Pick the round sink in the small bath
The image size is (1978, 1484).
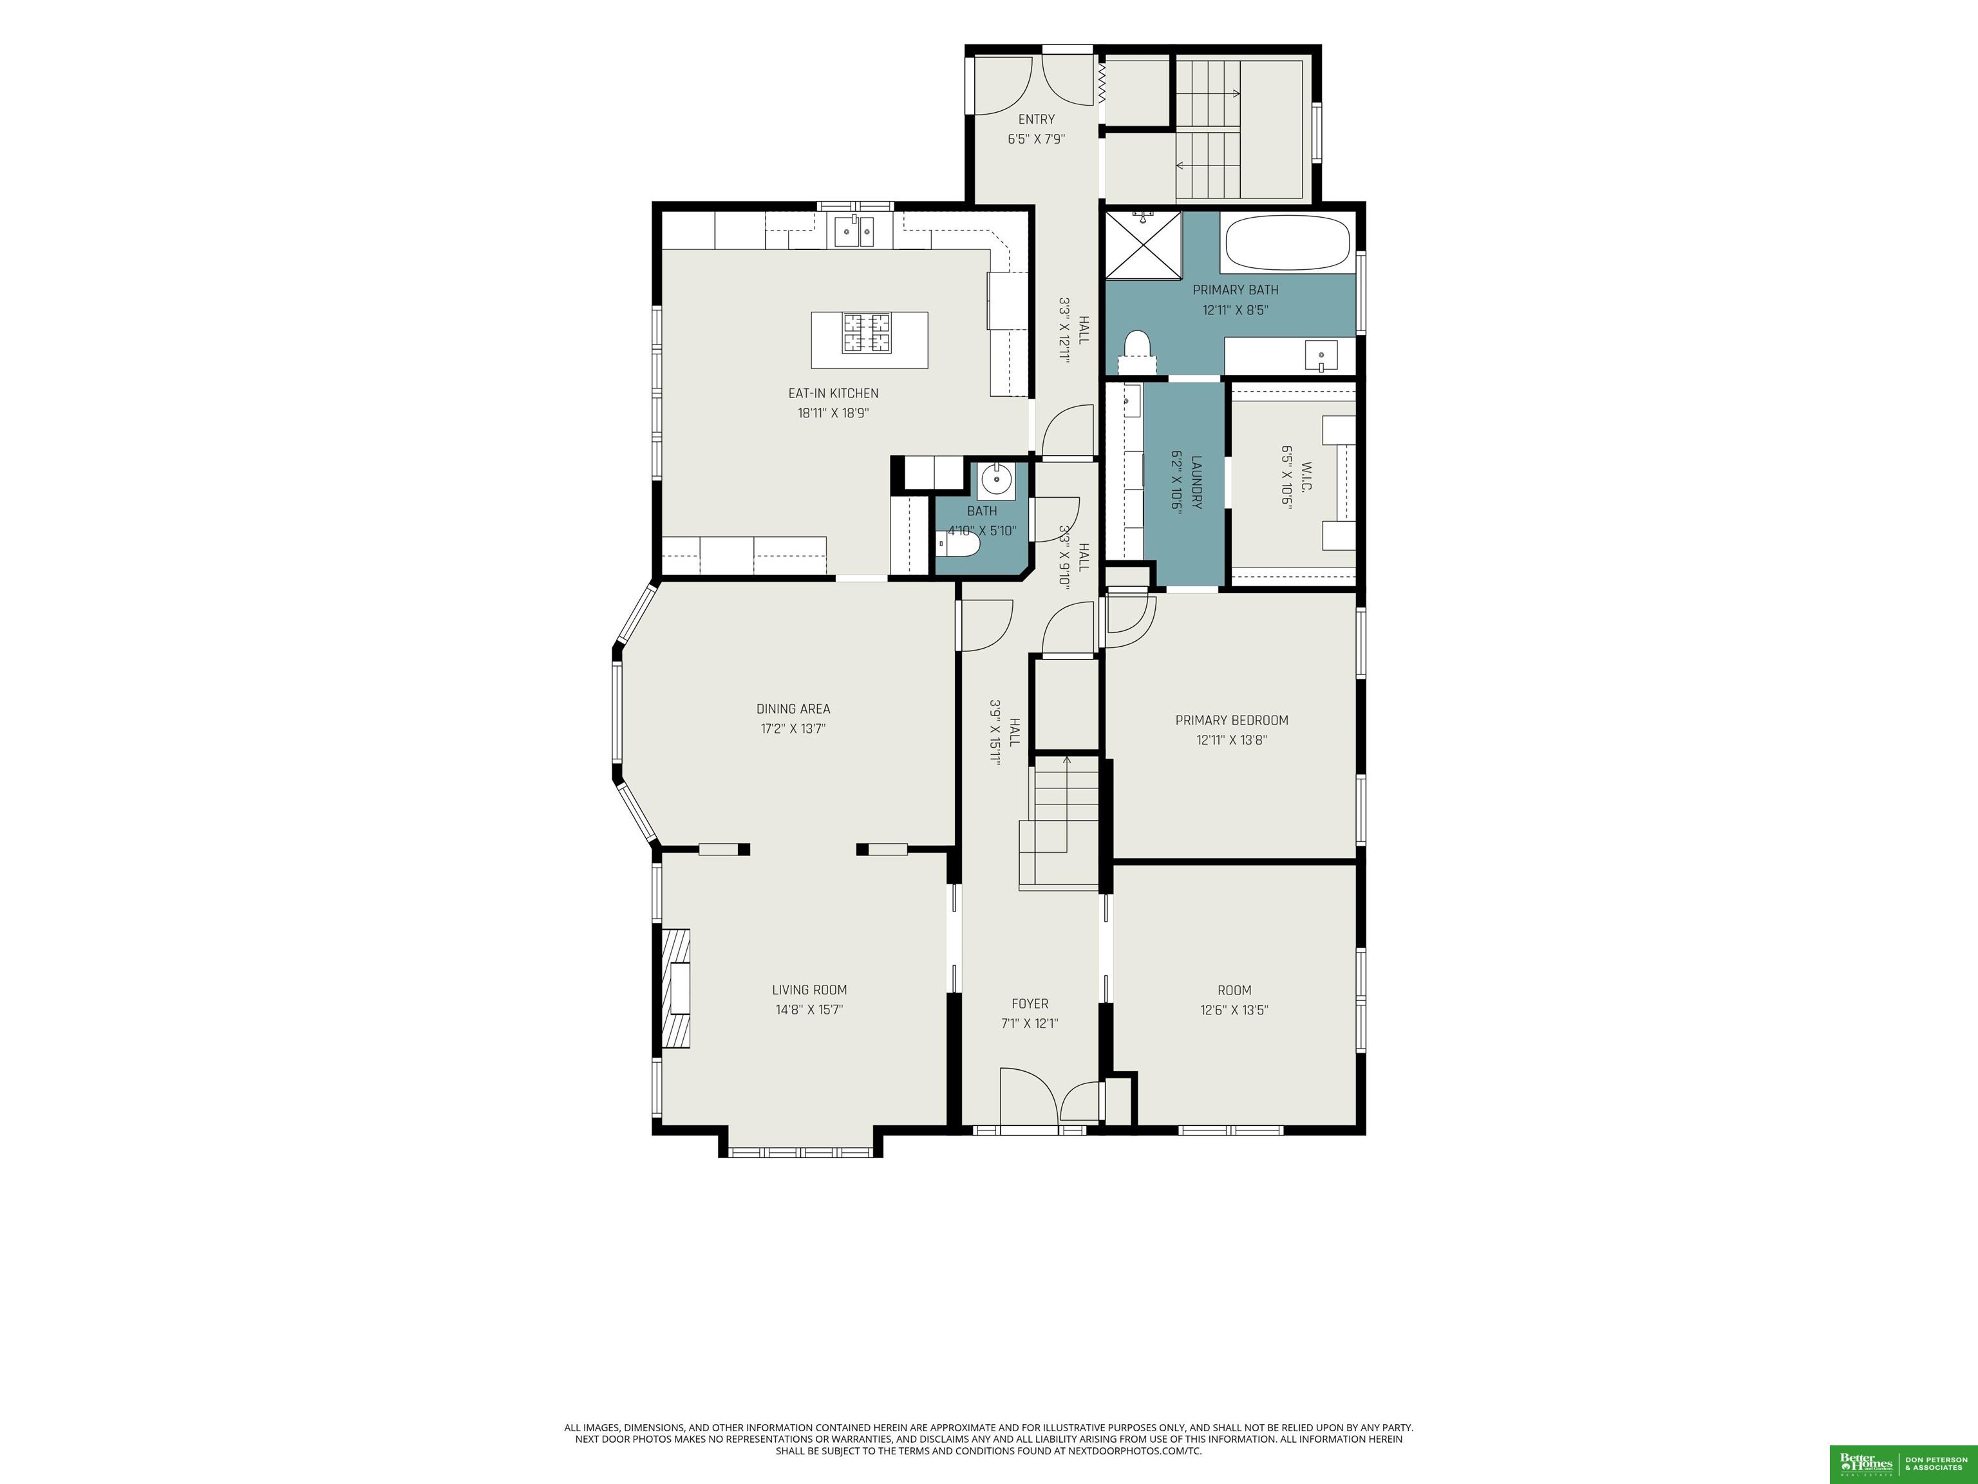click(996, 480)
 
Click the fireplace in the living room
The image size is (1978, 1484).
click(676, 987)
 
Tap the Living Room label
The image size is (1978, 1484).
click(809, 989)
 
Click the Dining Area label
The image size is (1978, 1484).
click(793, 709)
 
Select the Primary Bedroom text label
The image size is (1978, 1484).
click(1231, 720)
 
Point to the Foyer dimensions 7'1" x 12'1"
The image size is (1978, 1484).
click(1029, 1023)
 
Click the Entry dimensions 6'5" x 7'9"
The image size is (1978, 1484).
click(1037, 138)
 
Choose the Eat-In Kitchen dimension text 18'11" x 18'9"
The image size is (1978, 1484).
click(833, 414)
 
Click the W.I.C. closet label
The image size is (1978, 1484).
click(1306, 472)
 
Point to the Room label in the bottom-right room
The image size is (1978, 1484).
click(1234, 990)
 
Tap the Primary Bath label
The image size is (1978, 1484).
click(1235, 290)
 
